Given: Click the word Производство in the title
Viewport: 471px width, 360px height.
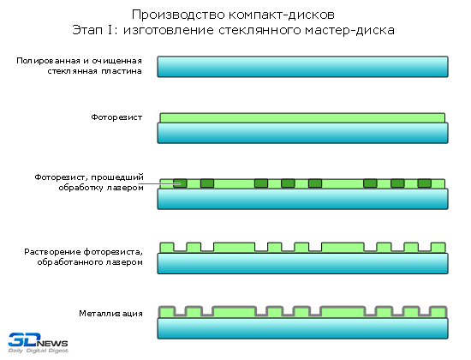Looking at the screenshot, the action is point(178,15).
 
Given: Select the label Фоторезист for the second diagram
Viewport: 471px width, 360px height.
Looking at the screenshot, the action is point(116,117).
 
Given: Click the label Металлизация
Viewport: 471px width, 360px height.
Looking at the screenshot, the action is point(110,314).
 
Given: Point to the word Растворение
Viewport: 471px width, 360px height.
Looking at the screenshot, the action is point(52,252).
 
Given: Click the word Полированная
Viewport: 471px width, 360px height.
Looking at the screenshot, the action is point(49,61).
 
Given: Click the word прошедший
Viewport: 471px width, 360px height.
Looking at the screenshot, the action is point(117,177).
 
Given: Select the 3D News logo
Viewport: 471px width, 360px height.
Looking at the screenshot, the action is point(38,343).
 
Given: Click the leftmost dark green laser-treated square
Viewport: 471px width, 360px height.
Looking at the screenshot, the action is point(180,183).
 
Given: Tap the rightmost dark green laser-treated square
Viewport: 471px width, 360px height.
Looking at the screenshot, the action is point(425,183).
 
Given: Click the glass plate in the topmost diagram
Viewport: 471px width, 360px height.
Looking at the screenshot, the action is point(303,67).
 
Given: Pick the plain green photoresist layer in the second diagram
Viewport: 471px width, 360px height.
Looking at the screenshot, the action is point(302,118).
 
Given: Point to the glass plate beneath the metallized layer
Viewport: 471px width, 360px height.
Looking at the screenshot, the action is point(303,328).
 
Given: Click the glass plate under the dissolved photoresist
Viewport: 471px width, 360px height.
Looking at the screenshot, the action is point(303,263).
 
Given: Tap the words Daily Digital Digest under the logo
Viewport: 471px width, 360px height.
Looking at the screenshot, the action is point(39,351).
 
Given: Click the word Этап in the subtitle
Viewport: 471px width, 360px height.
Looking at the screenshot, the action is point(87,30).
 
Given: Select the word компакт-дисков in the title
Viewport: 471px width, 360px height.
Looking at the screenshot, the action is point(282,15).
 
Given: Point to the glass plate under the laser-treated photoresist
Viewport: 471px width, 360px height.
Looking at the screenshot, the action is point(303,199).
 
